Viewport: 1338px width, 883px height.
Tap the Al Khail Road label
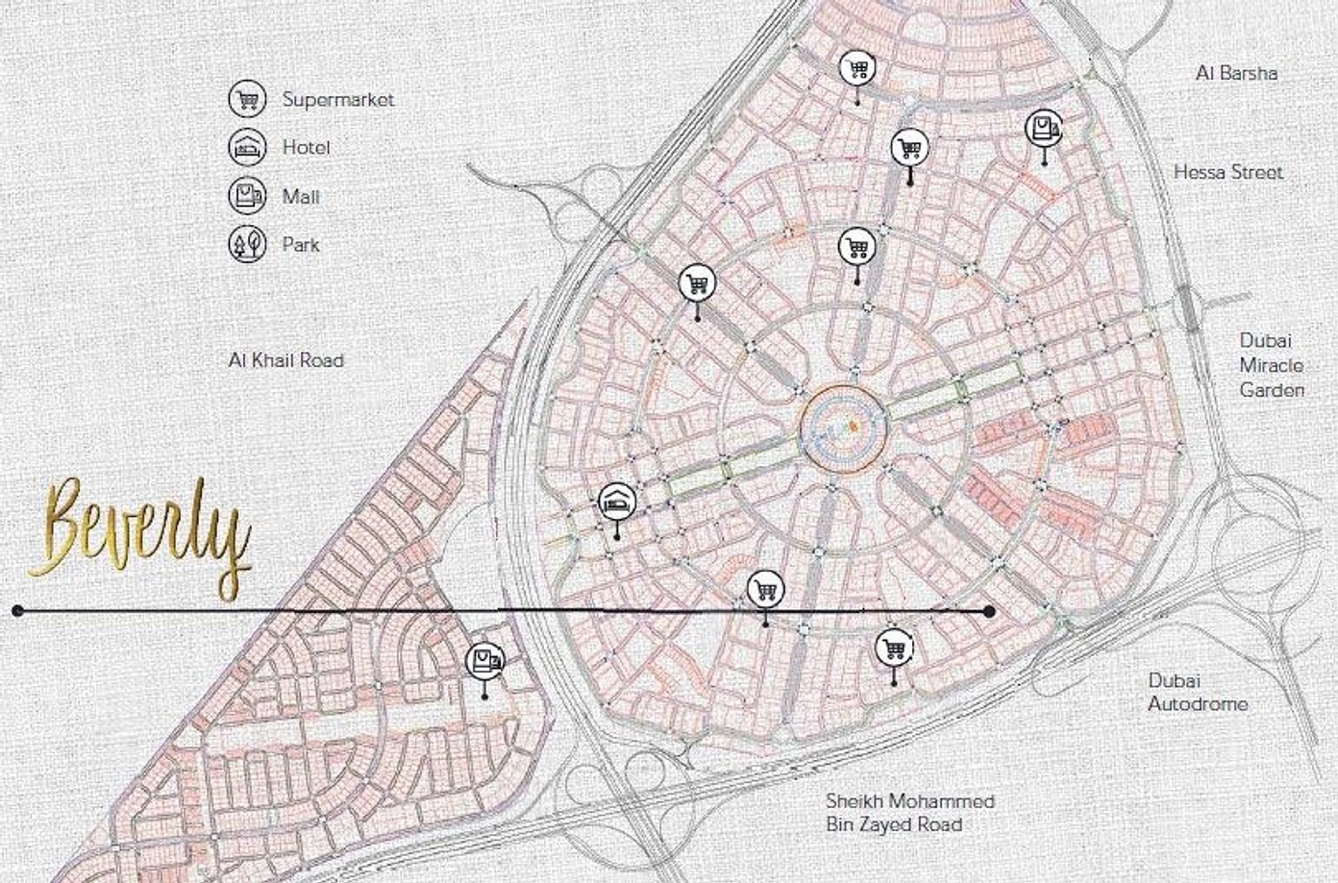[285, 360]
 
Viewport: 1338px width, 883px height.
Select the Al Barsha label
[1236, 73]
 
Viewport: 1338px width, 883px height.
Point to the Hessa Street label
[1227, 172]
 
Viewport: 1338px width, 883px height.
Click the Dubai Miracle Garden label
[1271, 365]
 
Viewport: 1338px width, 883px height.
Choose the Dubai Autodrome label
[1198, 692]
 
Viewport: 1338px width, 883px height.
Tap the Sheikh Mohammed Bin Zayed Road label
[909, 813]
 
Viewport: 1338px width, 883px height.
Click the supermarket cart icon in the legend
[247, 99]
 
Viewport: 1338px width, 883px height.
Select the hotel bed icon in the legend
[247, 148]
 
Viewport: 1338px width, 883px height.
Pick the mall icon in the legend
[247, 196]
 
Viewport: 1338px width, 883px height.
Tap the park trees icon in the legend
[247, 244]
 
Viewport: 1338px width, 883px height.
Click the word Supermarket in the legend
[337, 99]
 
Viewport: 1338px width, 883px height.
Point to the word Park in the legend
[300, 244]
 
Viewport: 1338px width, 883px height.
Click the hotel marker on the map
[616, 502]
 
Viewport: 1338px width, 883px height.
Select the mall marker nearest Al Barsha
[1044, 128]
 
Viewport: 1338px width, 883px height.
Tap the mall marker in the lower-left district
[484, 661]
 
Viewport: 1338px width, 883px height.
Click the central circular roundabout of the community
[843, 429]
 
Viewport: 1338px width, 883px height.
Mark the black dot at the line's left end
[17, 610]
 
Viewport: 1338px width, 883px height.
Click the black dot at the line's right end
[989, 611]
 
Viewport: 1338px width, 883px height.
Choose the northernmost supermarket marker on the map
[856, 68]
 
